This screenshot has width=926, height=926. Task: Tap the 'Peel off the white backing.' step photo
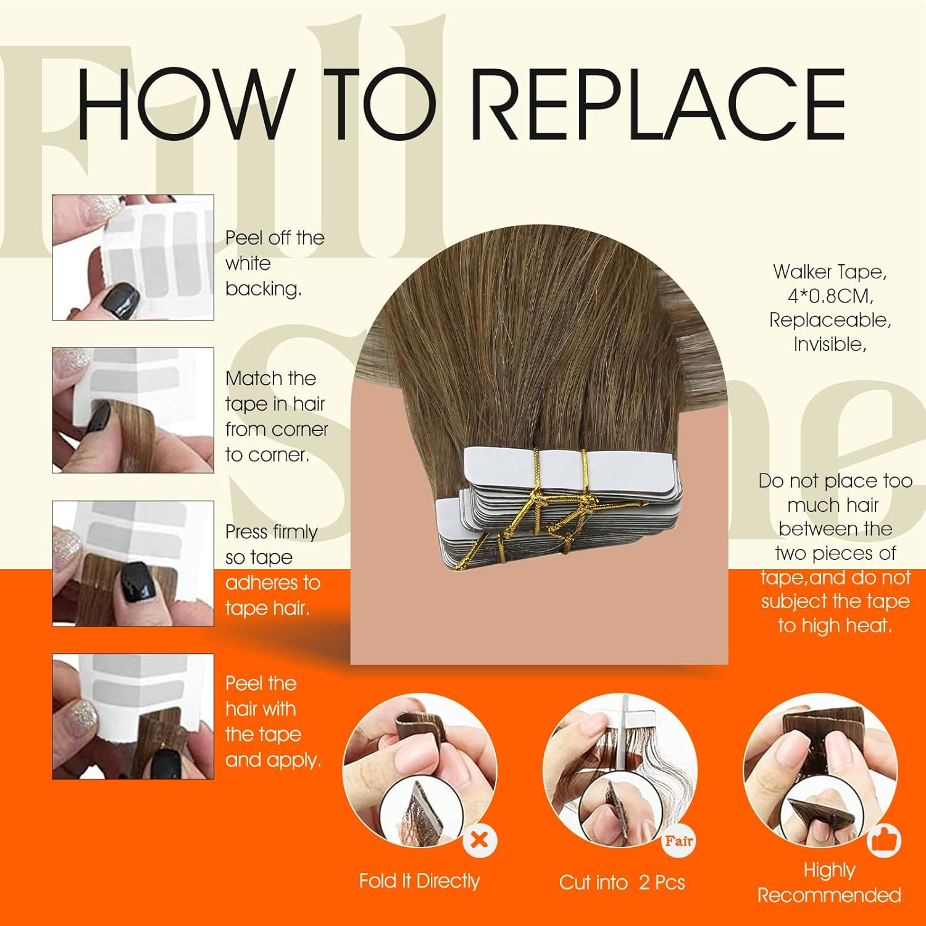pyautogui.click(x=133, y=257)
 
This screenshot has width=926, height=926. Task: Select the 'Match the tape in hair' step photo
pyautogui.click(x=133, y=410)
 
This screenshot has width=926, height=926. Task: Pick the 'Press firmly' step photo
pyautogui.click(x=133, y=563)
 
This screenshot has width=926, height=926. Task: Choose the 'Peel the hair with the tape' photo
pyautogui.click(x=133, y=716)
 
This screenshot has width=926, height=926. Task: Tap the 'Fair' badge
pyautogui.click(x=679, y=840)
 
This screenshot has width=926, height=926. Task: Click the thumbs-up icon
pyautogui.click(x=884, y=840)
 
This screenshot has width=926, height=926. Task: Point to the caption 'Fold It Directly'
pyautogui.click(x=419, y=881)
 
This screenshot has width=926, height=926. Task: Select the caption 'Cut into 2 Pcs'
pyautogui.click(x=622, y=882)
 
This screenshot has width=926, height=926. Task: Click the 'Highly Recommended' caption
pyautogui.click(x=829, y=882)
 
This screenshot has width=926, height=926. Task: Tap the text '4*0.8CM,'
pyautogui.click(x=830, y=296)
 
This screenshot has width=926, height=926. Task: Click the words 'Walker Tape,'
pyautogui.click(x=830, y=272)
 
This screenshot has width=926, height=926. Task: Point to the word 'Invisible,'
pyautogui.click(x=830, y=344)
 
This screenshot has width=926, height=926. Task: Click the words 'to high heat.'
pyautogui.click(x=835, y=625)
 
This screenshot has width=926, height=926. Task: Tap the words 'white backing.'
pyautogui.click(x=264, y=276)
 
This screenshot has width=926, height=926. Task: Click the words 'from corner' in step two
pyautogui.click(x=277, y=429)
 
